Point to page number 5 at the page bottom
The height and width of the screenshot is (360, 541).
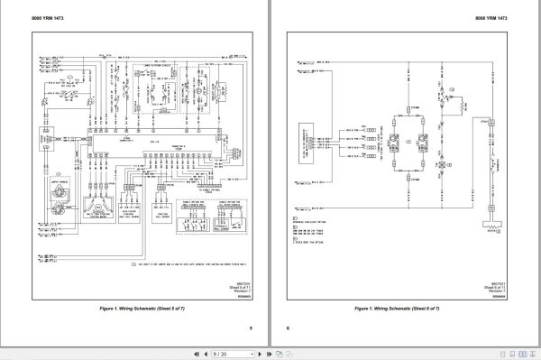(251, 328)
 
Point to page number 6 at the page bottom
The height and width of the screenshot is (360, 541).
(289, 328)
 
